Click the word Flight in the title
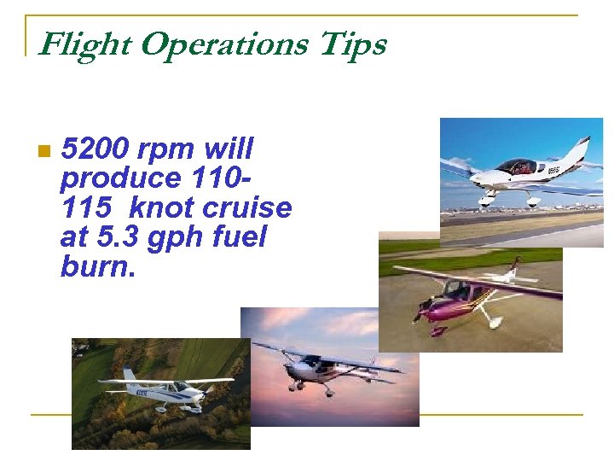pyautogui.click(x=84, y=44)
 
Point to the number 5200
pyautogui.click(x=95, y=149)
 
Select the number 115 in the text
pyautogui.click(x=85, y=207)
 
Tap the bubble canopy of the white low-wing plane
pyautogui.click(x=515, y=166)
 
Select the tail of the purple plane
pyautogui.click(x=513, y=268)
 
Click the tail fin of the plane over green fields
pyautogui.click(x=129, y=375)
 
